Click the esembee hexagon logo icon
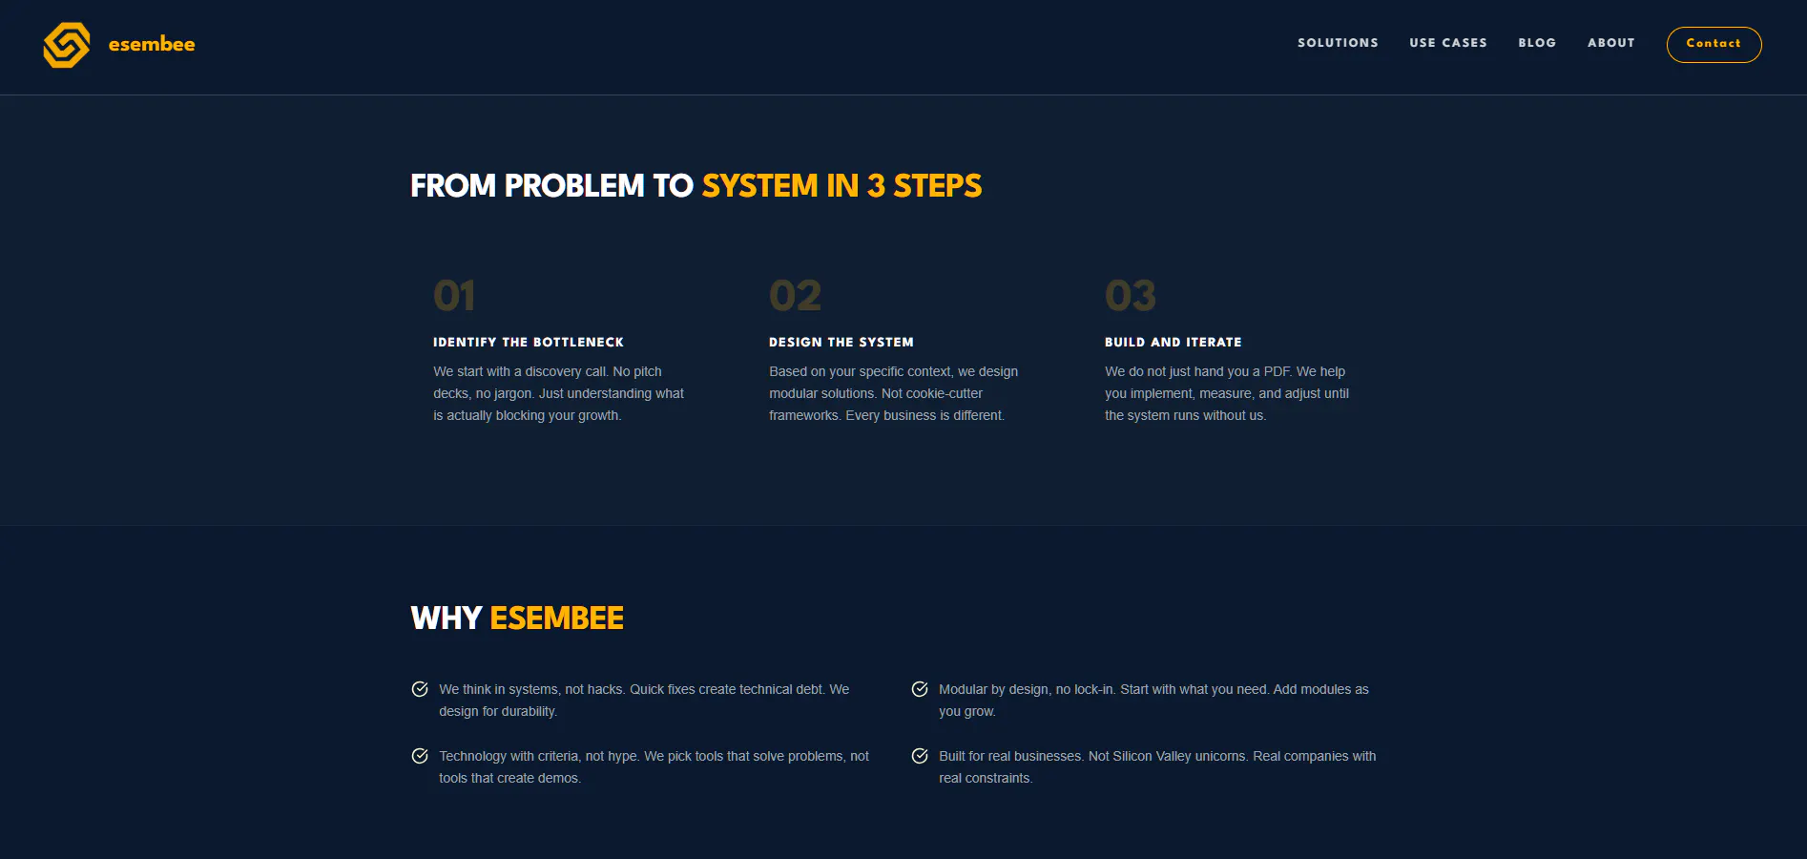[67, 45]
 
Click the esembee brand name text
[152, 44]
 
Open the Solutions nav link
[1338, 43]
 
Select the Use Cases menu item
[1448, 43]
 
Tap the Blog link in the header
[1537, 43]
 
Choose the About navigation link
[1611, 43]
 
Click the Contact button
[1714, 44]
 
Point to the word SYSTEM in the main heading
[760, 185]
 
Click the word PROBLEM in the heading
[574, 185]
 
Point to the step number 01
[454, 296]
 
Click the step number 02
[795, 296]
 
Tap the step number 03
[1131, 296]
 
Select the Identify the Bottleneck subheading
[529, 342]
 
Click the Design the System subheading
[841, 342]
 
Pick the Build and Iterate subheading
[1174, 342]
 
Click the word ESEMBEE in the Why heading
[557, 618]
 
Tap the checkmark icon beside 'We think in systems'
[420, 689]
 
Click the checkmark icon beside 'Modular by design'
[920, 689]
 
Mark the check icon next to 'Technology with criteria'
[420, 756]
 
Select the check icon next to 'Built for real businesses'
[920, 756]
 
